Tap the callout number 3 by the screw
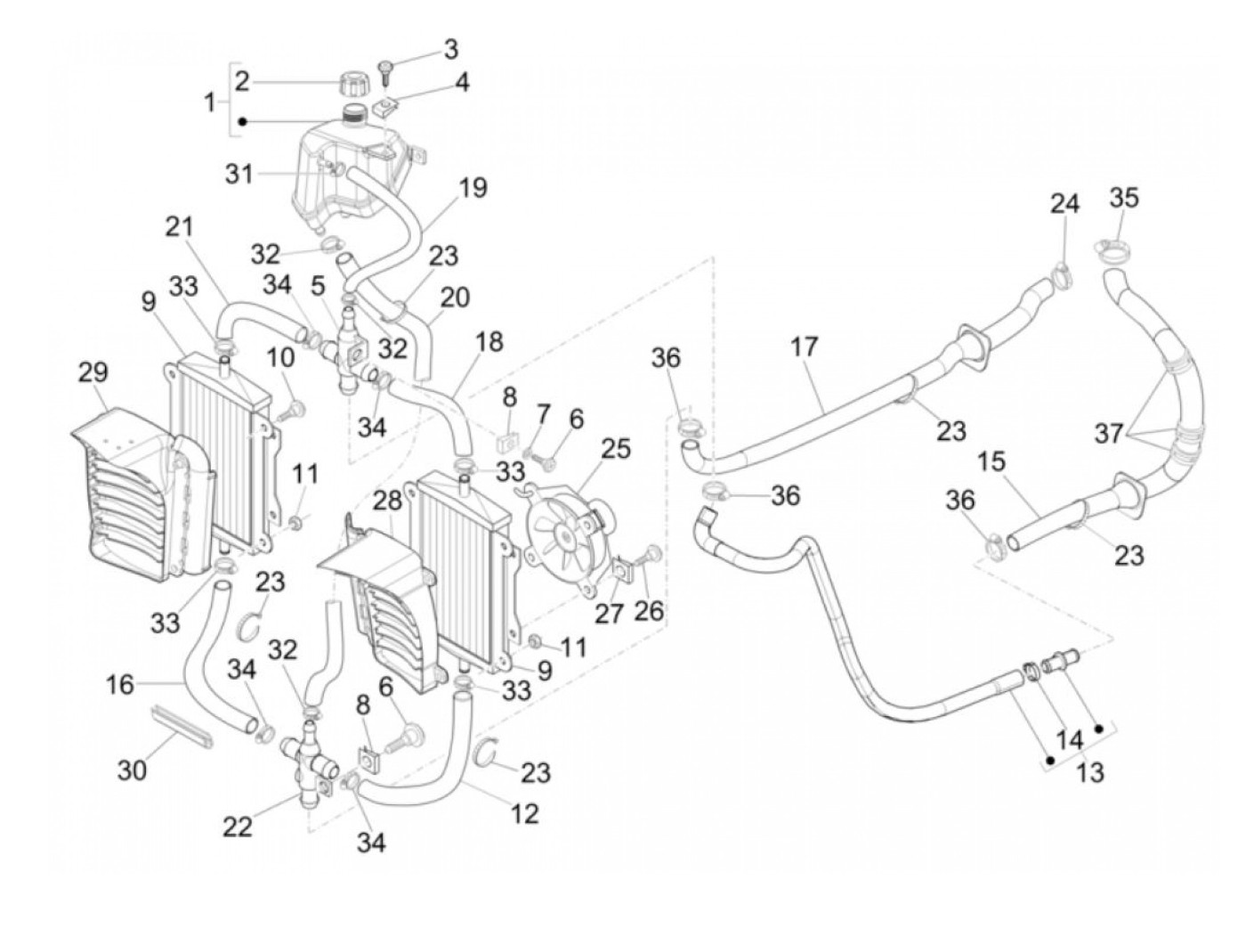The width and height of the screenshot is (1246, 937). (451, 47)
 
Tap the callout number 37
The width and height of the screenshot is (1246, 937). (1109, 434)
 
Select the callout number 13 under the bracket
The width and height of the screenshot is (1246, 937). (1089, 771)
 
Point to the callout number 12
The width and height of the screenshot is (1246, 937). (525, 812)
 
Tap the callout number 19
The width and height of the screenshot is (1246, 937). (473, 188)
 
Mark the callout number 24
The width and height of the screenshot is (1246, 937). (1064, 204)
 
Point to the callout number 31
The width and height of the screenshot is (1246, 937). (239, 174)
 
